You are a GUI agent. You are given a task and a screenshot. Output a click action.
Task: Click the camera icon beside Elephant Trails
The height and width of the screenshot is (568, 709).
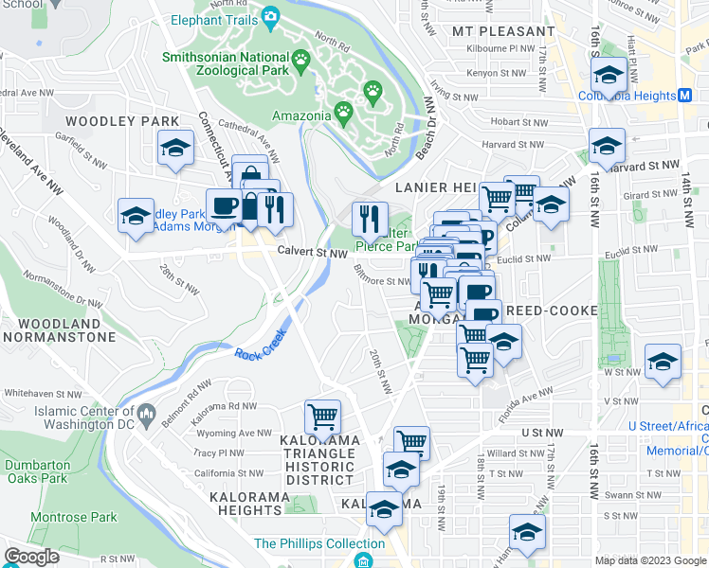270,16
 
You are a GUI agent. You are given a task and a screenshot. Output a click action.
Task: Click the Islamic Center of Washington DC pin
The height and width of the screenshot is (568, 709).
147,413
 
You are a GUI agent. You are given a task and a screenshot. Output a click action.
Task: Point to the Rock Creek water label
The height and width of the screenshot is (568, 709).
259,353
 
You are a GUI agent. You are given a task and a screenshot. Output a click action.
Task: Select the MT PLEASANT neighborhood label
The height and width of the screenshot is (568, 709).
488,30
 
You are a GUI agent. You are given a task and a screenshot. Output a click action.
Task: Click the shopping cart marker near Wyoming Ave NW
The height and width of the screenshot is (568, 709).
322,416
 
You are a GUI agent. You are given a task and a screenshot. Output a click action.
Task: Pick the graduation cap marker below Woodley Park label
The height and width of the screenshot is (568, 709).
175,148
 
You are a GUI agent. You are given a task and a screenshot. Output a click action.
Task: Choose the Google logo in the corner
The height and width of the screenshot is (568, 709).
32,557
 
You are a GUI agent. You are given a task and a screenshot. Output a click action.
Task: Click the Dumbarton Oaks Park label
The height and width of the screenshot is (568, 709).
36,471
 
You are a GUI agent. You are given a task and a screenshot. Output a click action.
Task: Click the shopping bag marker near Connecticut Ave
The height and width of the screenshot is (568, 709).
248,173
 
